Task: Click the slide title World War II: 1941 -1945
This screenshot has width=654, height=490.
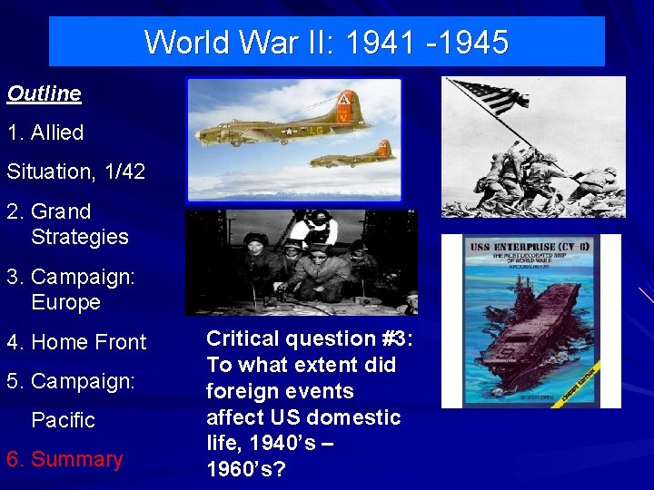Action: coord(326,42)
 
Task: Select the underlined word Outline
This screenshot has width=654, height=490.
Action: coord(44,93)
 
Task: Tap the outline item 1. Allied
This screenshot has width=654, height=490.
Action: coord(45,132)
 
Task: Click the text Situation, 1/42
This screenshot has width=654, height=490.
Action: coord(75,171)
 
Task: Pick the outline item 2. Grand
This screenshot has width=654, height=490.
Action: coord(49,211)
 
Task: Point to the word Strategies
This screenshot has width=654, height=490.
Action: coord(80,237)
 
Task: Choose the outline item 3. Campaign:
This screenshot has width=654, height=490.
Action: coord(71,277)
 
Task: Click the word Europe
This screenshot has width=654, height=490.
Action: coord(65,302)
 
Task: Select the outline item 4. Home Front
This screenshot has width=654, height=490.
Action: coord(76,342)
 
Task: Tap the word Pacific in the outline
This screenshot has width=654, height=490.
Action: coord(63,420)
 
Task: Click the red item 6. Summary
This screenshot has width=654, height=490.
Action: coord(64,459)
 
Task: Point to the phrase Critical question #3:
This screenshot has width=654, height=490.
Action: coord(310,338)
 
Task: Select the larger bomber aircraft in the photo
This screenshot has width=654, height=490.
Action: coord(272,127)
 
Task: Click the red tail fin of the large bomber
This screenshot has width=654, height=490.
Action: coord(343,105)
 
